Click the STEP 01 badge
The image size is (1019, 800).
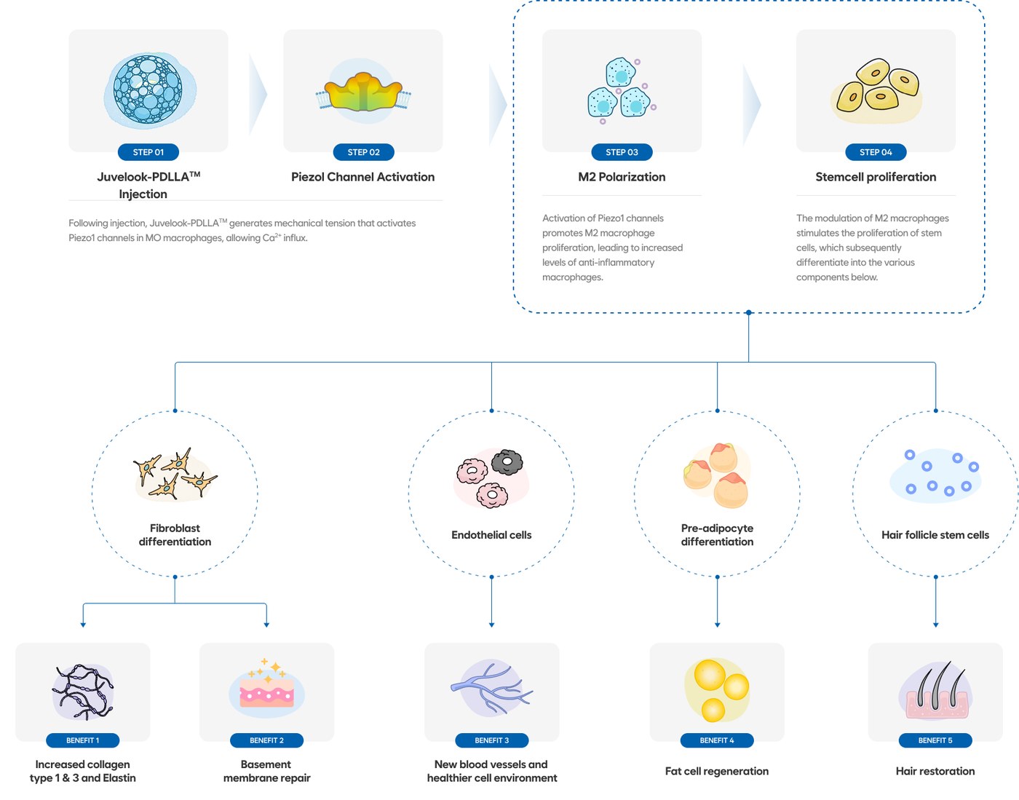point(148,152)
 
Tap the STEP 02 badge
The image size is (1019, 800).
point(363,152)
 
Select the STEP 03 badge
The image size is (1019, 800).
point(622,152)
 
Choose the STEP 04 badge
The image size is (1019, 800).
point(876,152)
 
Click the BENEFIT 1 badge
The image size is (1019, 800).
point(82,740)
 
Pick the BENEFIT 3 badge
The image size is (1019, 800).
point(491,740)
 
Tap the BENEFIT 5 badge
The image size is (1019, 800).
point(935,740)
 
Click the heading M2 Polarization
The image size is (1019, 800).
point(622,177)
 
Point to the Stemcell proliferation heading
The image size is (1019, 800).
point(876,177)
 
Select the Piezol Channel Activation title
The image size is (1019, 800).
point(362,177)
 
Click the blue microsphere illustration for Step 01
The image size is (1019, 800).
point(149,90)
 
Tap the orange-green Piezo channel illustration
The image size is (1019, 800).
point(363,92)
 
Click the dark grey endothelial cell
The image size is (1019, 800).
point(507,462)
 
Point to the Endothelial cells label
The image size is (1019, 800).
point(491,534)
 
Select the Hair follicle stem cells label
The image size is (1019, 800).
point(935,534)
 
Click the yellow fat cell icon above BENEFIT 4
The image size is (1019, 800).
point(716,690)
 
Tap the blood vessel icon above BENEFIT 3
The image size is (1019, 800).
point(491,688)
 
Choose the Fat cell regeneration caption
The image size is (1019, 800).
point(716,771)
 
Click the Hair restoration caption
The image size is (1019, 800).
point(935,771)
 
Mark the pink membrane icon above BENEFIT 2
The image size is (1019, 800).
point(267,689)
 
